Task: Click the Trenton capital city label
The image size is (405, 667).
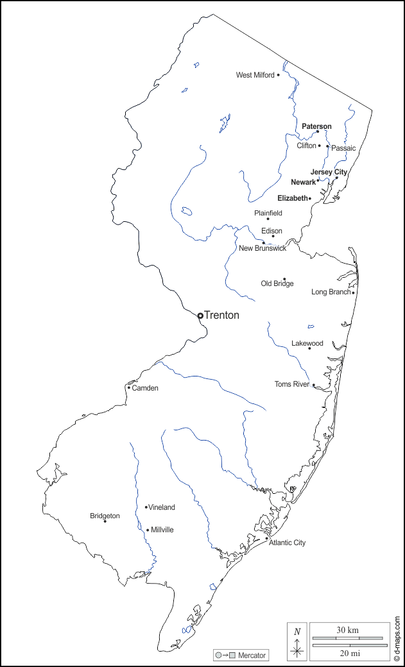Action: tap(221, 316)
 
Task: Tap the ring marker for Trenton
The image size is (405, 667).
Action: tap(200, 316)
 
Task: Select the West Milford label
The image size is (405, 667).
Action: tap(255, 75)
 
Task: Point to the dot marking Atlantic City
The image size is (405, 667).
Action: tap(267, 539)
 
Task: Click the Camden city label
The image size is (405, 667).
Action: tap(145, 388)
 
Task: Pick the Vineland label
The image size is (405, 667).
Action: tap(162, 507)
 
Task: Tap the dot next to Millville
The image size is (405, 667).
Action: tap(148, 530)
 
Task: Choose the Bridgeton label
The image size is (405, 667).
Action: tap(105, 516)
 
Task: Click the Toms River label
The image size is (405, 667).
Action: tap(292, 384)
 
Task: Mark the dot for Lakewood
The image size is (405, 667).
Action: tap(309, 348)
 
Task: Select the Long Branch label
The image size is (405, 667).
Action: tap(331, 292)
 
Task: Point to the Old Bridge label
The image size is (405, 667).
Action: tap(277, 283)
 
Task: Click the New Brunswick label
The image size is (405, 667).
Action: tap(263, 248)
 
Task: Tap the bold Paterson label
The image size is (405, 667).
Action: tap(317, 126)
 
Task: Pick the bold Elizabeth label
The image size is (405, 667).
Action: tap(292, 198)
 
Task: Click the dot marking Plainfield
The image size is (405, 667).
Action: tap(268, 219)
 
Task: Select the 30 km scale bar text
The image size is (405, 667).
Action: tap(348, 630)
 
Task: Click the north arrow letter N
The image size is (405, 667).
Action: tap(297, 632)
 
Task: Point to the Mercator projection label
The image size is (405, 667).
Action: tap(252, 655)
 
